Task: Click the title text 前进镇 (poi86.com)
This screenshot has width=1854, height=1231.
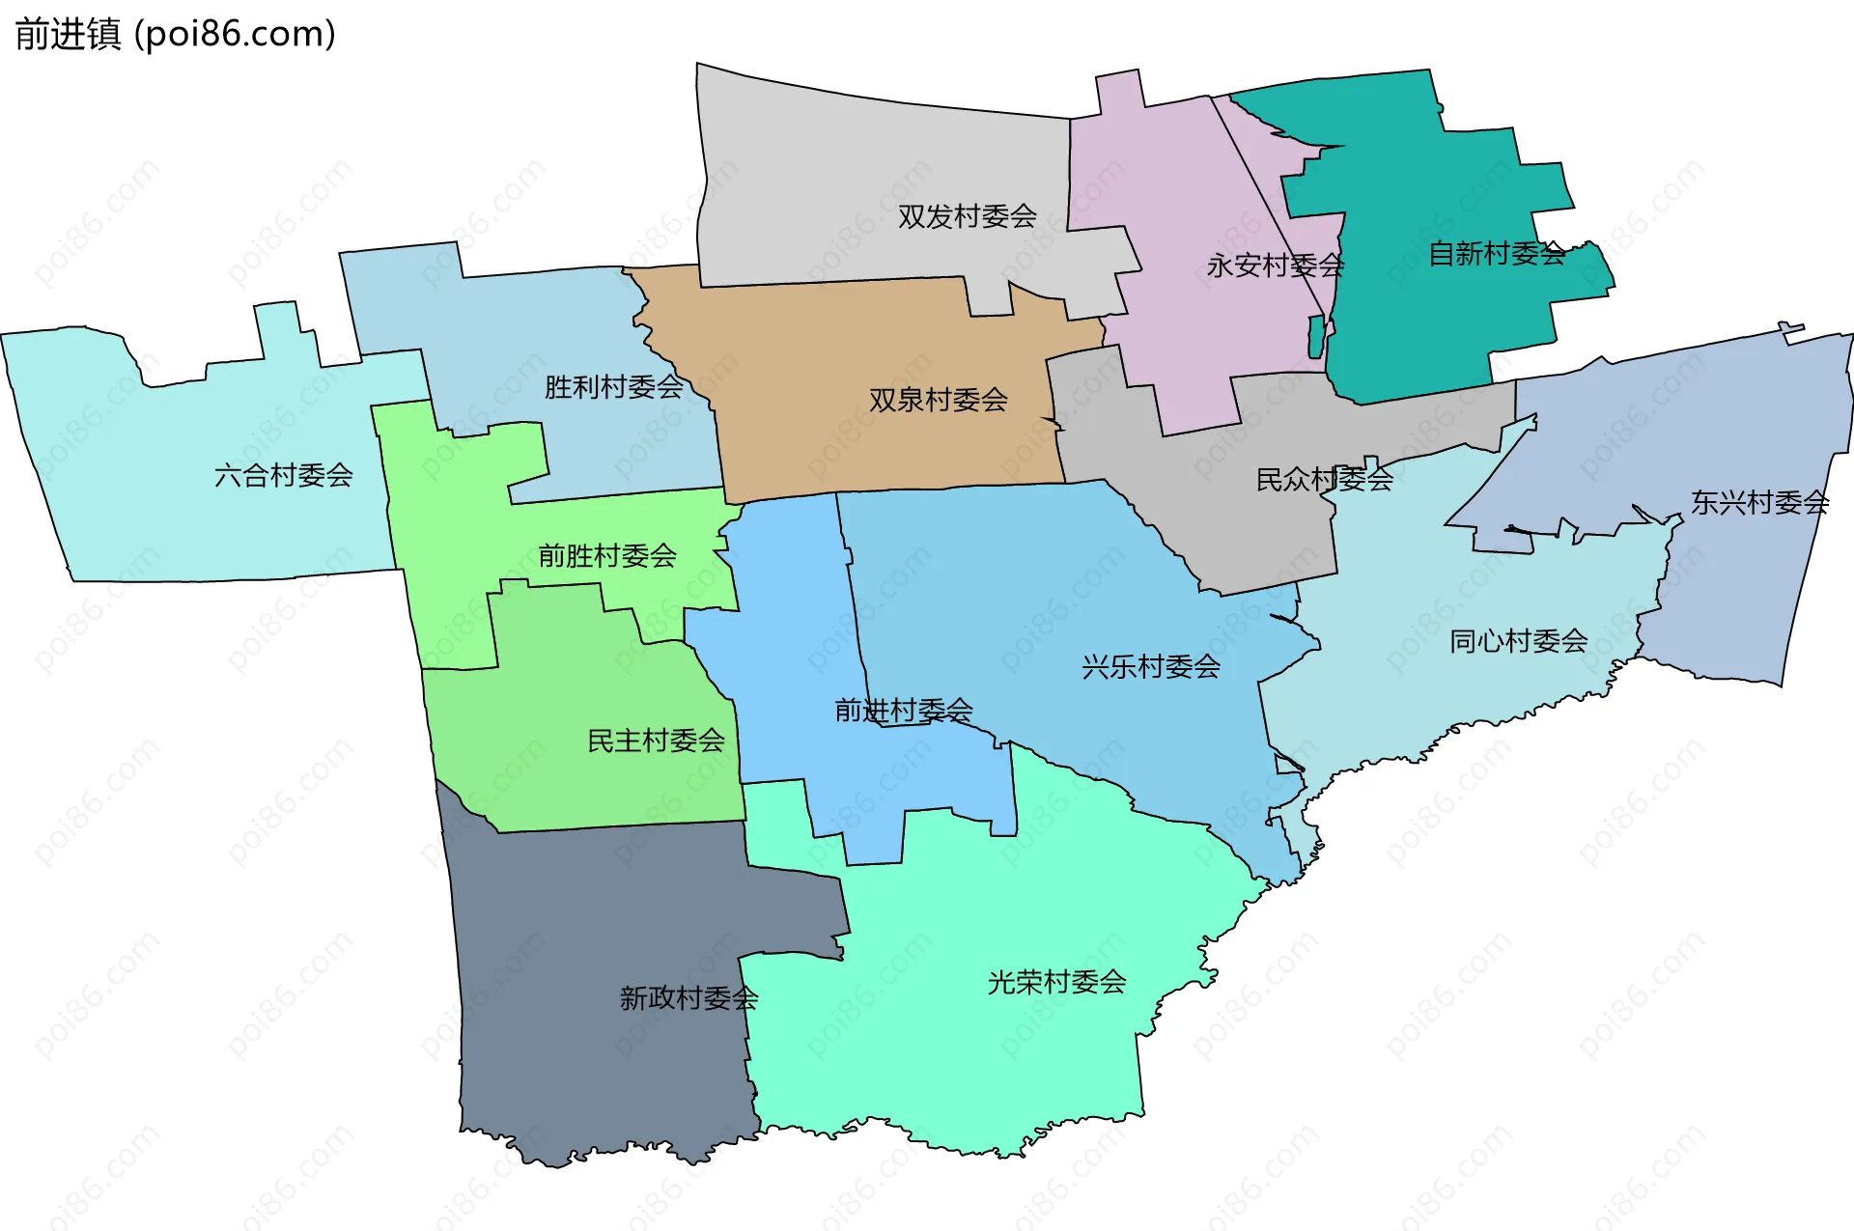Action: [x=175, y=34]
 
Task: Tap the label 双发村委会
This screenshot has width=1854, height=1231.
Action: [x=967, y=216]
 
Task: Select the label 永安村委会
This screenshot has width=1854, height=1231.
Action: [x=1275, y=266]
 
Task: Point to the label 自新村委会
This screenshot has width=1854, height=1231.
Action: [x=1497, y=254]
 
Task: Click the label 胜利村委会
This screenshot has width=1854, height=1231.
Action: [x=613, y=387]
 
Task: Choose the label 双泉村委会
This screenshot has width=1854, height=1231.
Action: [x=938, y=400]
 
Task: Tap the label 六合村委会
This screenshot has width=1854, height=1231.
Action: [x=283, y=475]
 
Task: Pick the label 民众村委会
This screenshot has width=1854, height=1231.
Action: [x=1324, y=479]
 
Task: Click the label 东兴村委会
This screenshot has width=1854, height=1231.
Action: [x=1759, y=502]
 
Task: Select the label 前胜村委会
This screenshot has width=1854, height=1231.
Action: [x=606, y=556]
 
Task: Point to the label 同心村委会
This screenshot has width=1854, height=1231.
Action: [x=1518, y=641]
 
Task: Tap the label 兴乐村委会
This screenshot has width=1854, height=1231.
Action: [x=1150, y=666]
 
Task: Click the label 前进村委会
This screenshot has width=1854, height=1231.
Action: [x=903, y=711]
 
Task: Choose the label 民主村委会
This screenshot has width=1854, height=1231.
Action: [x=656, y=741]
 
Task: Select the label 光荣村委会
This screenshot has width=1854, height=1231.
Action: [x=1056, y=982]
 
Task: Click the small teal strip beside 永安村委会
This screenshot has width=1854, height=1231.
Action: [x=1315, y=336]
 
